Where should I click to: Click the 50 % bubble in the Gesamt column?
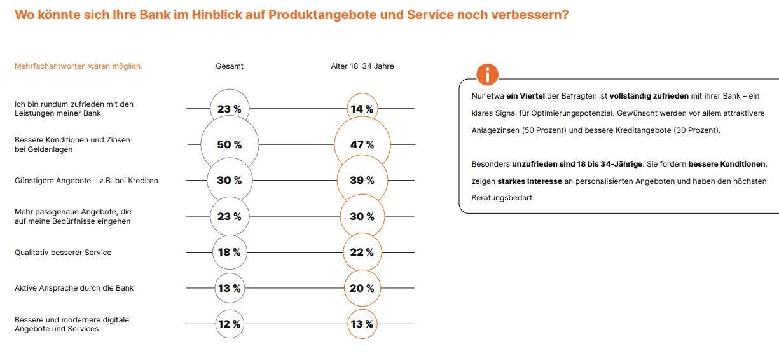click(230, 145)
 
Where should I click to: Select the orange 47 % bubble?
click(362, 145)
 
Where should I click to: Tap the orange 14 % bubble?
click(362, 109)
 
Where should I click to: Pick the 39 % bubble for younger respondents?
click(362, 181)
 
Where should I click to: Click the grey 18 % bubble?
click(230, 253)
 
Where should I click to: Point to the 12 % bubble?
click(230, 324)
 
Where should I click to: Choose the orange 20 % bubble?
click(362, 288)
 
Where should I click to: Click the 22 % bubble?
click(362, 253)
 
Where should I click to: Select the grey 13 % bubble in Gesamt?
click(230, 288)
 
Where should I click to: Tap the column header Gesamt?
click(230, 66)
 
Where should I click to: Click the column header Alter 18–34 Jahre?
click(362, 66)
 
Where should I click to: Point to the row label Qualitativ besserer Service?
click(63, 253)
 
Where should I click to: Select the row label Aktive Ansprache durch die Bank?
click(74, 288)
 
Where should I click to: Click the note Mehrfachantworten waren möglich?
click(78, 66)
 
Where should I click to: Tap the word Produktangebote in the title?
click(324, 15)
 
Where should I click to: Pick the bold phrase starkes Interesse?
click(530, 181)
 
